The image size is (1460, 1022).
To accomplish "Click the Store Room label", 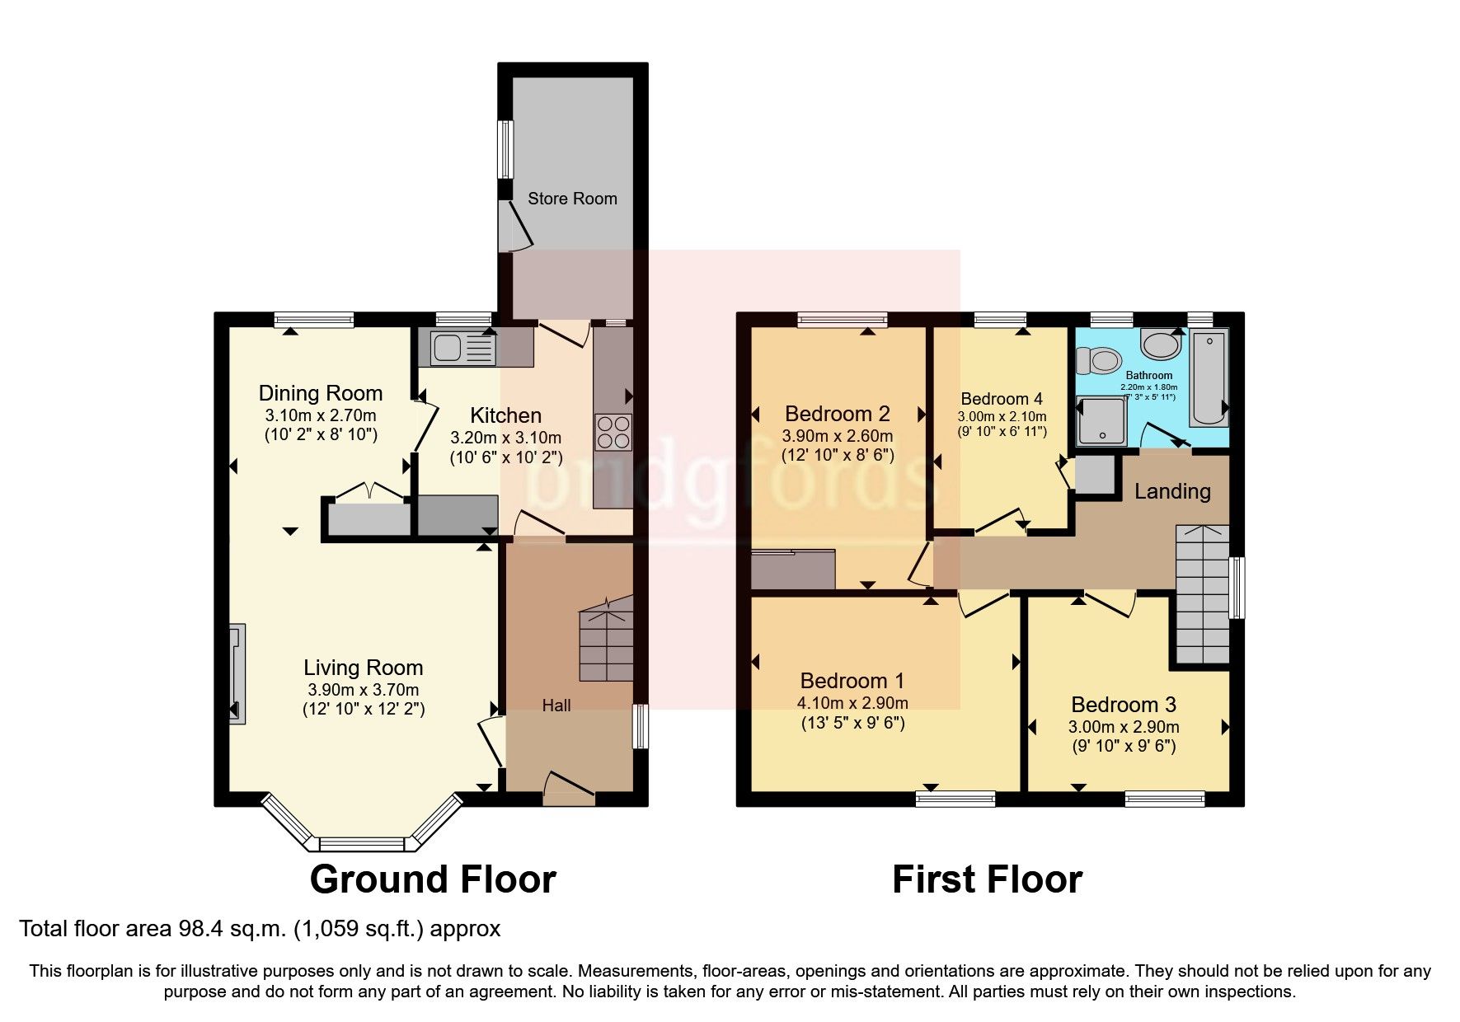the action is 572,199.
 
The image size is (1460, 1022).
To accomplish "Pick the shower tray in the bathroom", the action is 1101,421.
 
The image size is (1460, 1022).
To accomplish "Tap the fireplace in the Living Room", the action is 237,673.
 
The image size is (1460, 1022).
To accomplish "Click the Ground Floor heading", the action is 433,879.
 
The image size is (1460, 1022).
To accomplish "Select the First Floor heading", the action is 987,879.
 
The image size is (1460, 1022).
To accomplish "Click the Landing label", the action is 1172,491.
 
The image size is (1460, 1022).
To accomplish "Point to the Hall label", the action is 556,706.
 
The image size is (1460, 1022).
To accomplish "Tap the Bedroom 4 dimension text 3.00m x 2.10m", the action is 1002,417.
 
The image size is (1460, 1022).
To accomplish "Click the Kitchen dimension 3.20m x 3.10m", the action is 505,438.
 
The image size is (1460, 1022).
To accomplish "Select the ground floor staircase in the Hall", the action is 606,639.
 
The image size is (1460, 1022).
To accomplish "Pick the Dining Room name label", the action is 321,393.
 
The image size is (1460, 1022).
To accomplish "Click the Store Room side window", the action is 505,149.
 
